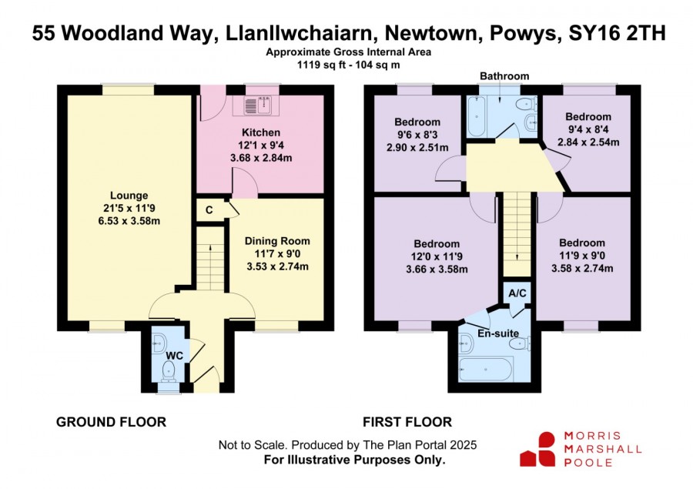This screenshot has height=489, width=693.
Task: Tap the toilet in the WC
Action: point(169,370)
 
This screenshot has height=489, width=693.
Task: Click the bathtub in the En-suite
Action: point(486,369)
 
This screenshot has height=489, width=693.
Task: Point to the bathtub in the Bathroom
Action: point(477,116)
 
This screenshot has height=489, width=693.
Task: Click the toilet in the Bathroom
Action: point(526,104)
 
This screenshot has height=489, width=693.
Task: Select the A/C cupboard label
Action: point(517,293)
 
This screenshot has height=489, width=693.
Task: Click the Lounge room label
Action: point(129,195)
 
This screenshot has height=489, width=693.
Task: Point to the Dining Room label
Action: point(277,241)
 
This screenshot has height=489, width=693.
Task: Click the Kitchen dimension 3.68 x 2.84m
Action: point(261,158)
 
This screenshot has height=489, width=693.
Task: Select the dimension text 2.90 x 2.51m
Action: point(417,147)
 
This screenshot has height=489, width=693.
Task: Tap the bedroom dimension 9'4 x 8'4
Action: point(588,129)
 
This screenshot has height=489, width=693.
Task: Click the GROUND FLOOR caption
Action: point(111,422)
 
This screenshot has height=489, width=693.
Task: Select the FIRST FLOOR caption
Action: point(407,422)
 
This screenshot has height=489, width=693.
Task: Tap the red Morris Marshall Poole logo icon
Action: point(537,449)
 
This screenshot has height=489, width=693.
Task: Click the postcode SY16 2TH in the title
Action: point(617,34)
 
